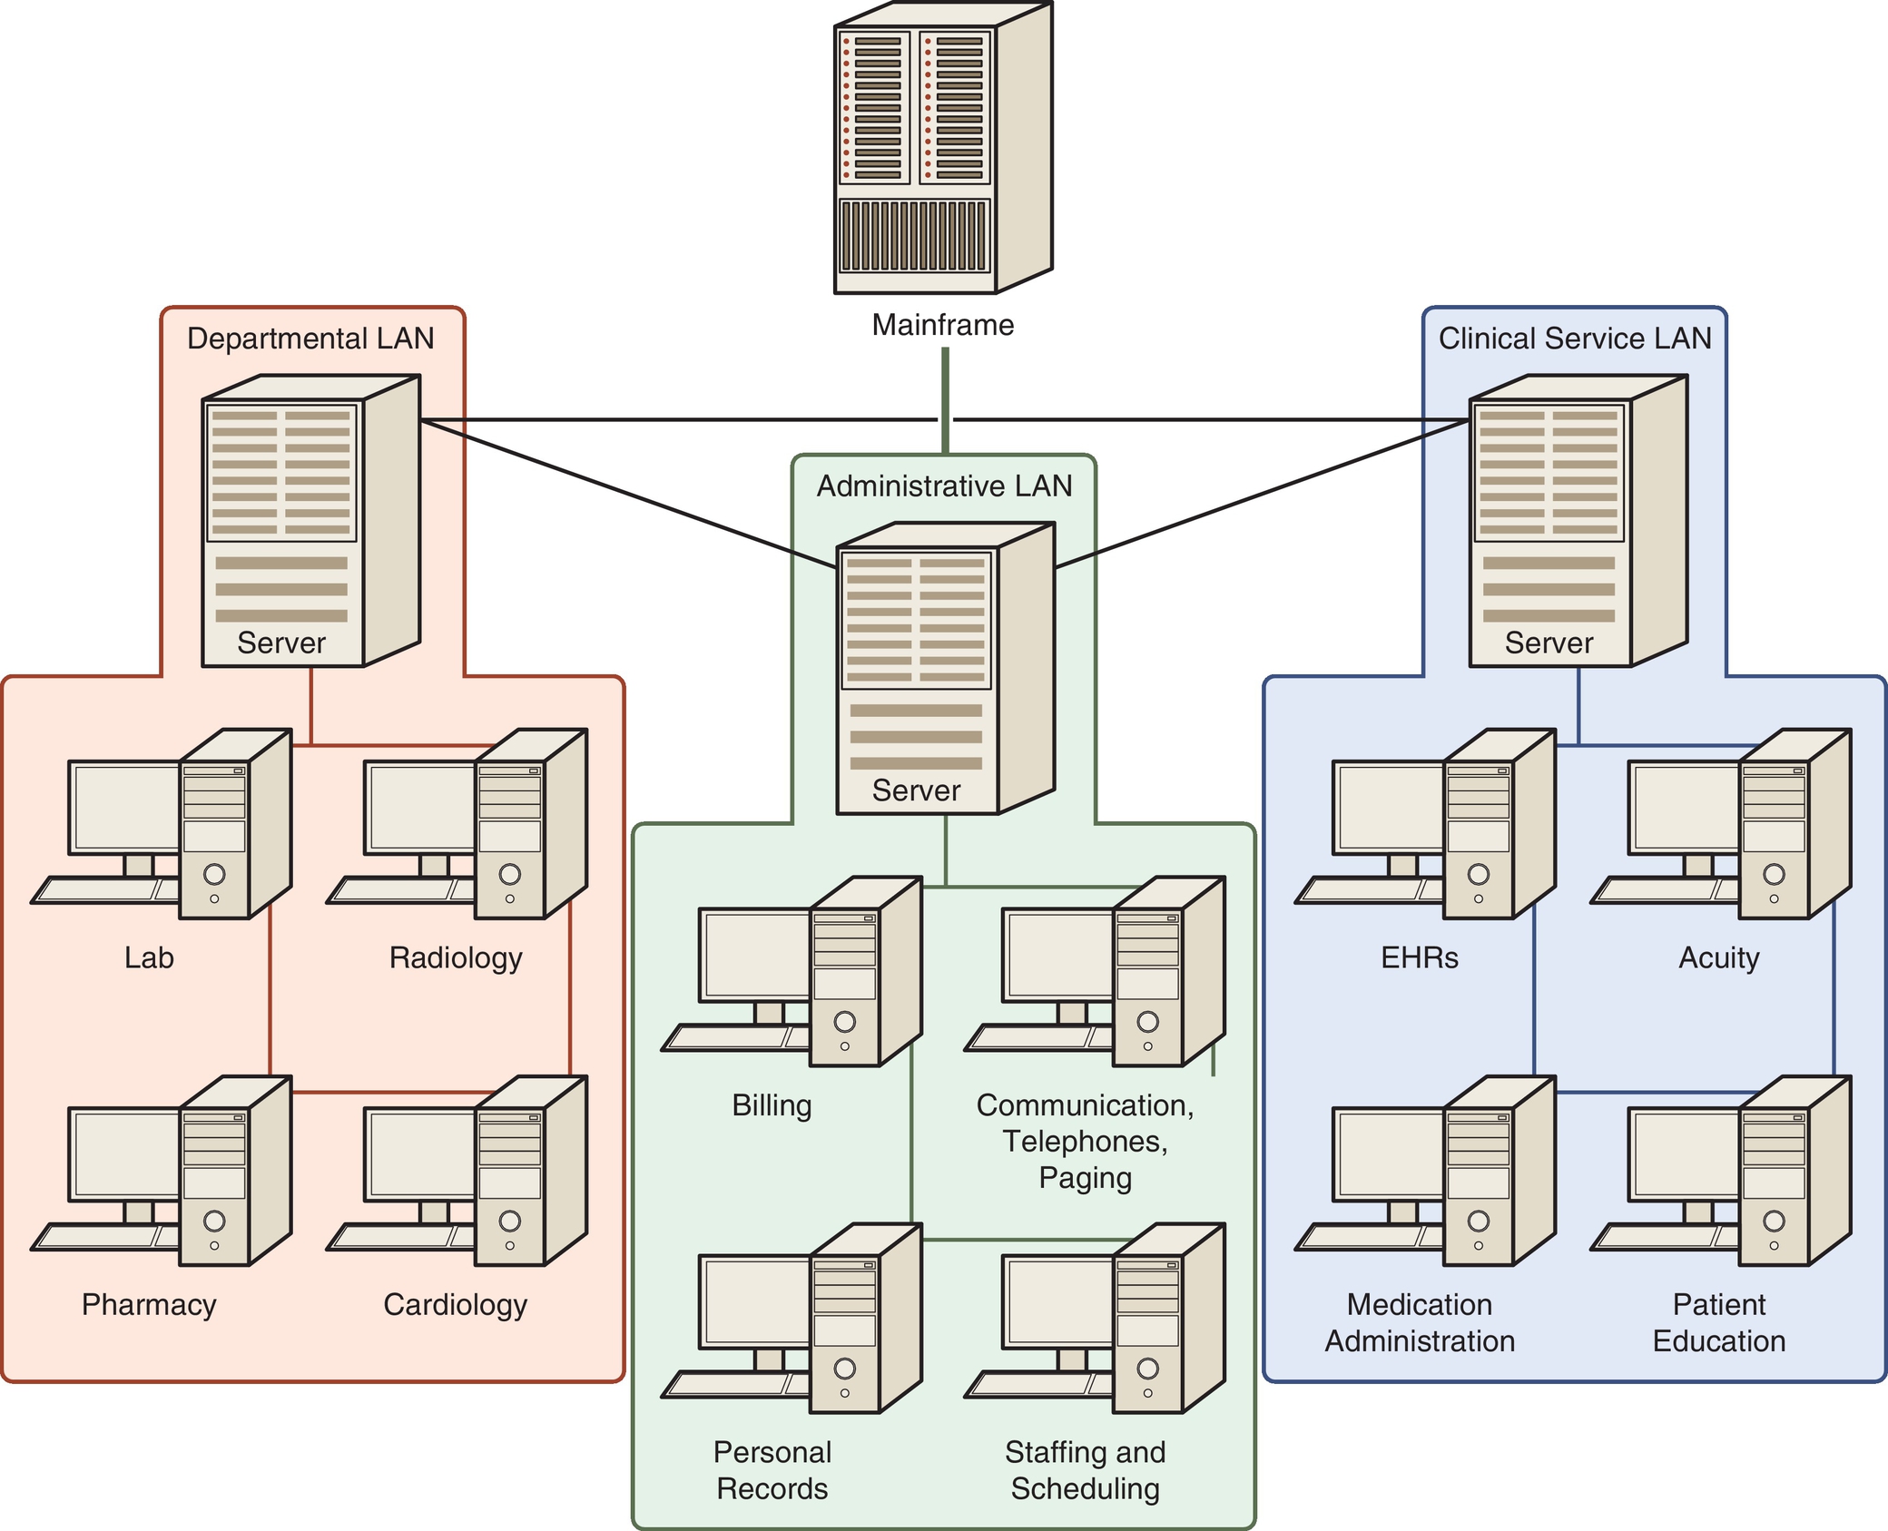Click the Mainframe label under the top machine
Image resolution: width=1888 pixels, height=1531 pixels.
click(x=942, y=325)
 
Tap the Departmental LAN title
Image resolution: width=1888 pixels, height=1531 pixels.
click(x=310, y=339)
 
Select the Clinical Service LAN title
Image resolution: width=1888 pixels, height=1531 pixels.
click(x=1574, y=339)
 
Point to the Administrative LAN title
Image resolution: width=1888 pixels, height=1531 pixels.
click(x=944, y=486)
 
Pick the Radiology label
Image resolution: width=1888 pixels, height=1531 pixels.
click(x=456, y=957)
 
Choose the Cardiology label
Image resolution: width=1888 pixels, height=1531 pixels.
click(x=455, y=1304)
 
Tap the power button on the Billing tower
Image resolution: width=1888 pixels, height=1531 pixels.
click(x=844, y=1022)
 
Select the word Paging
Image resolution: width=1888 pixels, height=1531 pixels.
click(x=1085, y=1178)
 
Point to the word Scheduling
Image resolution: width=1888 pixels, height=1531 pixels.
click(x=1085, y=1488)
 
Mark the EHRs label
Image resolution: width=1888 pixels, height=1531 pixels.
click(x=1419, y=957)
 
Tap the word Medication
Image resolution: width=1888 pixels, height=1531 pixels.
click(x=1419, y=1304)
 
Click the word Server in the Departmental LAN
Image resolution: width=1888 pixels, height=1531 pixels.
click(x=281, y=643)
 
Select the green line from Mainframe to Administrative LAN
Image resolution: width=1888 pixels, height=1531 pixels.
click(x=945, y=399)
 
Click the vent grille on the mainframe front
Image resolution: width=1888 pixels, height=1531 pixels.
click(x=913, y=236)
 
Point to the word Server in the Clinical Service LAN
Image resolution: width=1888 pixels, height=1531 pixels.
click(x=1549, y=643)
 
